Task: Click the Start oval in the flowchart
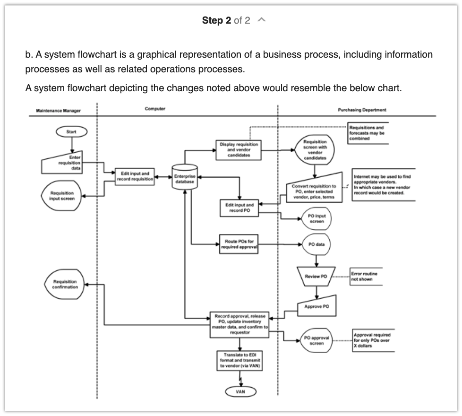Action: (x=71, y=132)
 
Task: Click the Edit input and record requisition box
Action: (x=135, y=176)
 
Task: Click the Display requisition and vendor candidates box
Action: (x=239, y=149)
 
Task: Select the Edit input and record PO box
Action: (x=240, y=208)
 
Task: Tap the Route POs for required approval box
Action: (x=239, y=244)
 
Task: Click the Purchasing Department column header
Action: (x=362, y=110)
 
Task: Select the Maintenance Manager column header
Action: (x=58, y=111)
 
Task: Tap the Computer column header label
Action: (x=155, y=109)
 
